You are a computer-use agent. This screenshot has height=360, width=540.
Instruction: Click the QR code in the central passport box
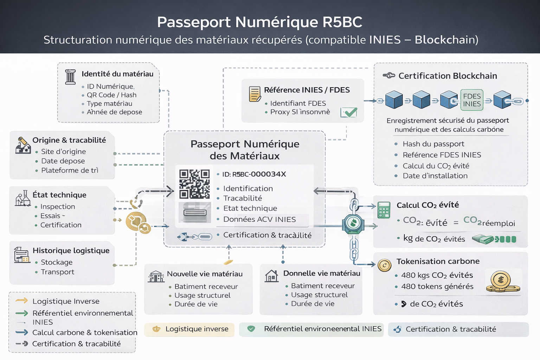(x=194, y=184)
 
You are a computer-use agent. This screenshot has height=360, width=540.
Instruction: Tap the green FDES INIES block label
(x=472, y=100)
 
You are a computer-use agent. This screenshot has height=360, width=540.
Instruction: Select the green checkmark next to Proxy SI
(x=349, y=112)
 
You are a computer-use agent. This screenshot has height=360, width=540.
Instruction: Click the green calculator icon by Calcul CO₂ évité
(x=384, y=210)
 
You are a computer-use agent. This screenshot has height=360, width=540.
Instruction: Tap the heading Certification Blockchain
(x=448, y=76)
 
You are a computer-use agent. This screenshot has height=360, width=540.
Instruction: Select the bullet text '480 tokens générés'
(x=437, y=287)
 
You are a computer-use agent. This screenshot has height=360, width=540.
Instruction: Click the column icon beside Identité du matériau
(x=70, y=77)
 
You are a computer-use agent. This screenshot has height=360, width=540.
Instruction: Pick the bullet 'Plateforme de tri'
(x=70, y=171)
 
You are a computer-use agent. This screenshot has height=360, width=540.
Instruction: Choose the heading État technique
(x=59, y=195)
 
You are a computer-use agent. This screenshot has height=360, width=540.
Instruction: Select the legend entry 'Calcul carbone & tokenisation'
(x=84, y=333)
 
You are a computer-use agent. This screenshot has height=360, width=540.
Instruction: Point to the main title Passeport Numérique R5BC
(x=259, y=22)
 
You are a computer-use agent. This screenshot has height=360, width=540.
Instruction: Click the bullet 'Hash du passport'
(x=433, y=144)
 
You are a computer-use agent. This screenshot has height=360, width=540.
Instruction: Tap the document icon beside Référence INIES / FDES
(x=255, y=94)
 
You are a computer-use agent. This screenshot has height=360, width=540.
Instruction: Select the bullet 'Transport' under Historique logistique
(x=57, y=272)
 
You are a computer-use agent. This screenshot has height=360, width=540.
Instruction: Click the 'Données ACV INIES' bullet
(x=259, y=220)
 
